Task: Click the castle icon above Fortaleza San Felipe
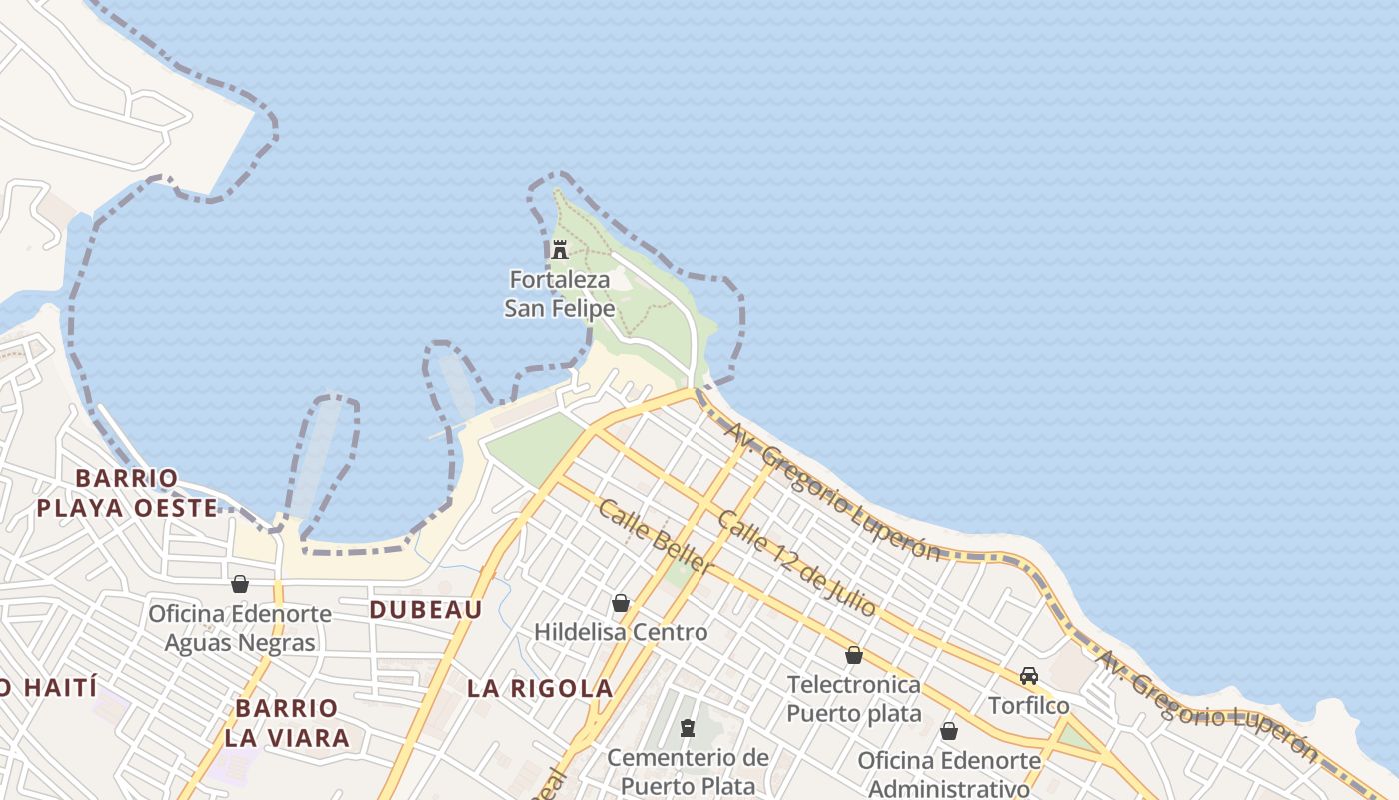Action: coord(560,249)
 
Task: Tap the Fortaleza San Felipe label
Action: coord(559,294)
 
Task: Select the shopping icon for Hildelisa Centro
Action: coord(621,603)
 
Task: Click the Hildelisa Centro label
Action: coord(621,632)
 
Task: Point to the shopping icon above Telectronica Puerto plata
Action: coord(854,655)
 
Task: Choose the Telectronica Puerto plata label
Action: coord(854,699)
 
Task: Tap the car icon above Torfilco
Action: coord(1029,676)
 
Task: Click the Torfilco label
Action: coord(1029,706)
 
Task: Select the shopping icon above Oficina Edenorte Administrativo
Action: coord(949,731)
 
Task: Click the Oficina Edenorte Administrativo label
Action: coord(949,774)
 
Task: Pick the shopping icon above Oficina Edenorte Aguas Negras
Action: coord(240,584)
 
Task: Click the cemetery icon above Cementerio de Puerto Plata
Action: coord(688,728)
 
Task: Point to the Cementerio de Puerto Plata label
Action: coord(688,771)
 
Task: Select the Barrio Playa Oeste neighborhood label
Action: coord(127,493)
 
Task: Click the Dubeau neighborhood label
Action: coord(426,609)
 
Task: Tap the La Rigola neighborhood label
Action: coord(540,688)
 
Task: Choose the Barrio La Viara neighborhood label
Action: coord(287,723)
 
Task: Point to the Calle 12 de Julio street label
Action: coord(796,563)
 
